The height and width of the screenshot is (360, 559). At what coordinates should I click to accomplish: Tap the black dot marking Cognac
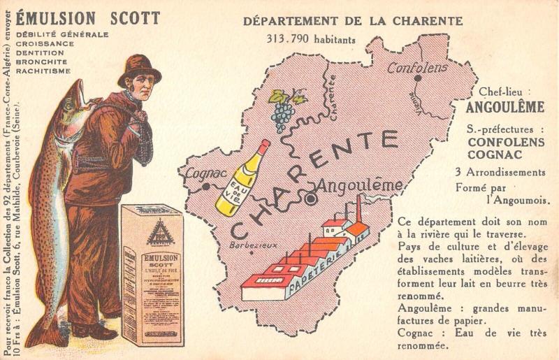pos(207,187)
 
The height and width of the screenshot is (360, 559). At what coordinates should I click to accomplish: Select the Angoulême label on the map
pos(360,186)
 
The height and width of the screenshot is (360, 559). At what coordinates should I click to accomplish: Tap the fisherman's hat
pos(139,69)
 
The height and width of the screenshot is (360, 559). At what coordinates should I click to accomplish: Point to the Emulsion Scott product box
pos(152,274)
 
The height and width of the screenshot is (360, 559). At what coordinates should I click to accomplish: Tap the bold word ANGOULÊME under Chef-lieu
pos(504,108)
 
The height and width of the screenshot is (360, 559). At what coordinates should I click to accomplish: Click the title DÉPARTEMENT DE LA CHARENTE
pos(353,21)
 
